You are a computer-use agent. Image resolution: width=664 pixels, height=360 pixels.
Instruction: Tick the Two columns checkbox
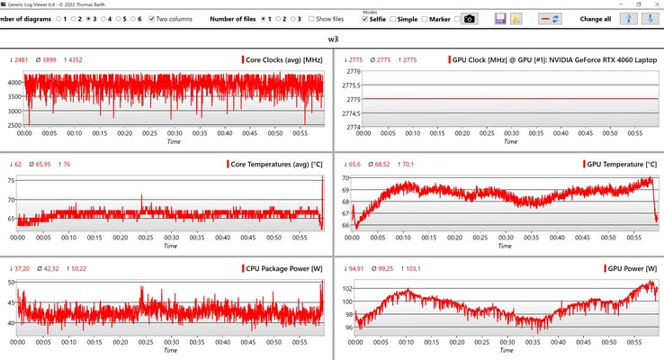tap(152, 18)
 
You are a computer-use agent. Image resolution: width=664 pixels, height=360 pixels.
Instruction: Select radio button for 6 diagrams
tap(131, 18)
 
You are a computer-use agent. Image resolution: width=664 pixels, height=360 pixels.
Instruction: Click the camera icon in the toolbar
tap(469, 19)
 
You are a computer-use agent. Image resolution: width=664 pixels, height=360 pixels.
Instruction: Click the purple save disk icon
tap(500, 19)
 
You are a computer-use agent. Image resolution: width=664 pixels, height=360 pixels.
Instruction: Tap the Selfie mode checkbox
tap(365, 19)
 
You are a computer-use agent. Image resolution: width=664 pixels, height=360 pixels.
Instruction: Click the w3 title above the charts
tap(332, 40)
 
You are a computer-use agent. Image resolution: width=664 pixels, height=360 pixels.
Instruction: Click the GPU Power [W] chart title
tap(628, 269)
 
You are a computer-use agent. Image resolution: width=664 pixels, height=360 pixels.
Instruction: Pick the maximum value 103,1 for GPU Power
tap(419, 269)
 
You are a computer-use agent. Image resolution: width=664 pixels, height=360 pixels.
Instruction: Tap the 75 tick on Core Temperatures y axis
tap(12, 180)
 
